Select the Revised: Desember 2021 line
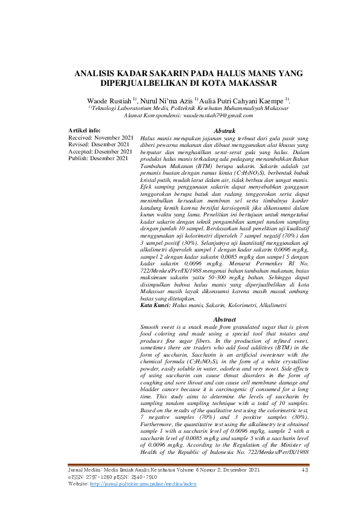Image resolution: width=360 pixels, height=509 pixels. (x=99, y=144)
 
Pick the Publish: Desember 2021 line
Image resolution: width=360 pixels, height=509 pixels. (x=99, y=158)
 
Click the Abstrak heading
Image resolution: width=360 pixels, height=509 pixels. (x=225, y=131)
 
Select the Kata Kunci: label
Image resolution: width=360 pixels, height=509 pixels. (x=155, y=306)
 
